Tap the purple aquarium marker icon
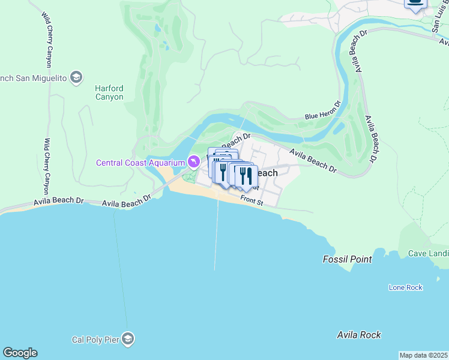(x=193, y=162)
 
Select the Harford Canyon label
(x=109, y=92)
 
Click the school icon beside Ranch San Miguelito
(x=76, y=77)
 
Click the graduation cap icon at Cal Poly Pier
(x=127, y=340)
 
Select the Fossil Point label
(x=347, y=259)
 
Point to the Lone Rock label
(x=406, y=287)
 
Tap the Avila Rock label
(x=359, y=335)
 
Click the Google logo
(x=20, y=353)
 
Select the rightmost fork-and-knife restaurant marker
(x=246, y=177)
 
